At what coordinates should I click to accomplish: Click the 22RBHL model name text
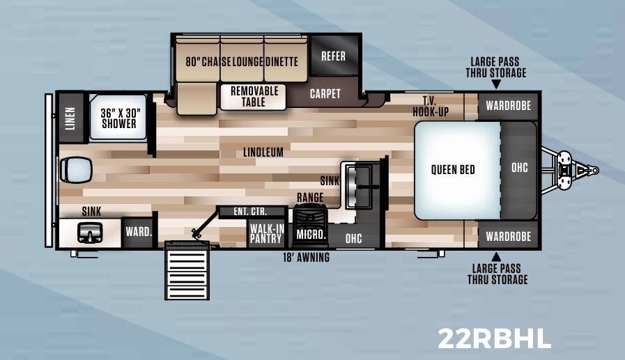coord(494,338)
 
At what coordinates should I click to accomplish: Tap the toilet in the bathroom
coord(77,168)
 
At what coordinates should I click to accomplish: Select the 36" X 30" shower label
coord(118,118)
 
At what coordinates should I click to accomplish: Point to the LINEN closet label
coord(70,117)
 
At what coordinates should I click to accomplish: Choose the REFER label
coord(333,56)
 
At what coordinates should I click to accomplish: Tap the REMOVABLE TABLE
coord(254,97)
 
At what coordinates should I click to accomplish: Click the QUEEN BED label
coord(453,169)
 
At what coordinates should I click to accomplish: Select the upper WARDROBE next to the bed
coord(508,106)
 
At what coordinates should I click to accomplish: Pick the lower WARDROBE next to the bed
coord(508,235)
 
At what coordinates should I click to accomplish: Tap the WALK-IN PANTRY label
coord(266,233)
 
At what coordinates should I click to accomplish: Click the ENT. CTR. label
coord(251,211)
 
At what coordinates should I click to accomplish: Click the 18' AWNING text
coord(306,258)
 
